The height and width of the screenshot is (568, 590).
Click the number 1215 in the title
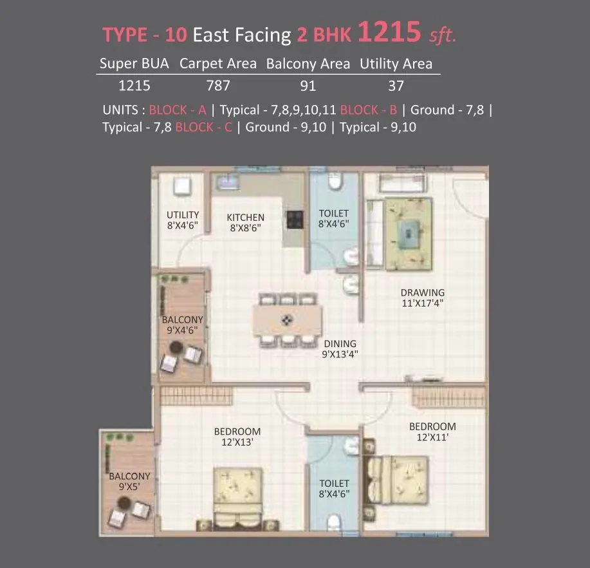[390, 32]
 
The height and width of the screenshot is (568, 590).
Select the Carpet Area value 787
[217, 85]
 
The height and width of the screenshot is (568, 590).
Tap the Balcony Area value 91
[308, 85]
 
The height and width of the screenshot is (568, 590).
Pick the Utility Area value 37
[396, 85]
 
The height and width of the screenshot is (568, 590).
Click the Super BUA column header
[134, 64]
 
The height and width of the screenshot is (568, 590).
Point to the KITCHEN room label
[245, 218]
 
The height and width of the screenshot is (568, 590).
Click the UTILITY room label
[183, 215]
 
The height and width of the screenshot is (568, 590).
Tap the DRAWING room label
[422, 293]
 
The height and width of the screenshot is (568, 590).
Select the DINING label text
[340, 344]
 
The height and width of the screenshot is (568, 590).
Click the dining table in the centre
[288, 319]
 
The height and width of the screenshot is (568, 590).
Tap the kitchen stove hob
[295, 220]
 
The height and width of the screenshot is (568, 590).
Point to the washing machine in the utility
[181, 186]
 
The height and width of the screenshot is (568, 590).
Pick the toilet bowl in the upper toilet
[335, 183]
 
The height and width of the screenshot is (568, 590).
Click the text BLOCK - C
[203, 127]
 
